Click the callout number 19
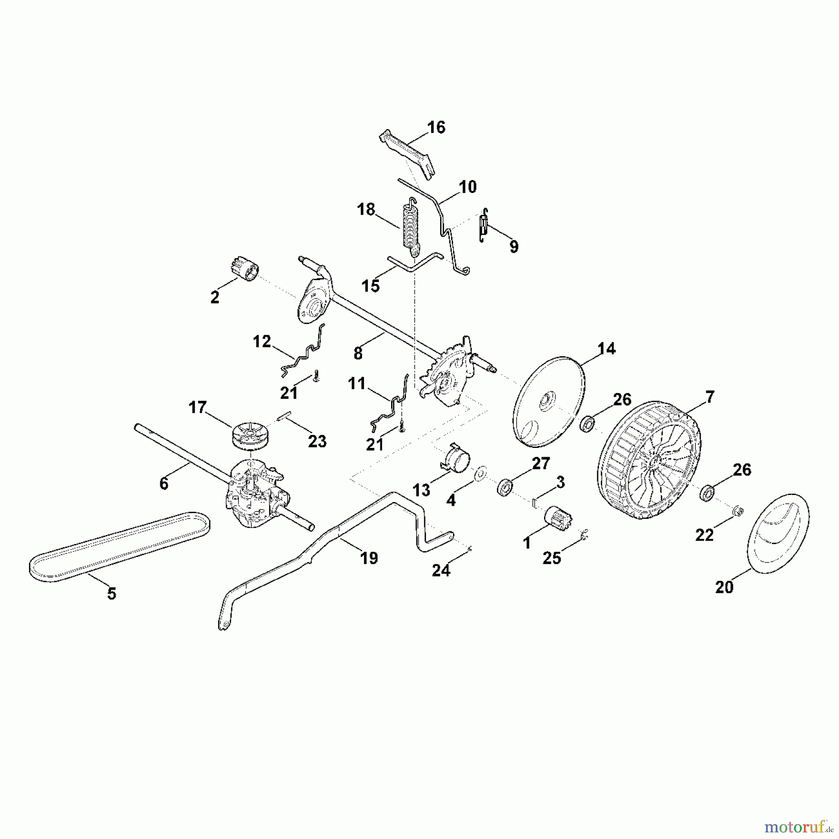[x=369, y=558]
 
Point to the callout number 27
[x=541, y=463]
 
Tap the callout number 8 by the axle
[x=358, y=354]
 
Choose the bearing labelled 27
[x=504, y=488]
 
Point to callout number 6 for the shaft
[x=164, y=484]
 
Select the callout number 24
[x=441, y=570]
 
